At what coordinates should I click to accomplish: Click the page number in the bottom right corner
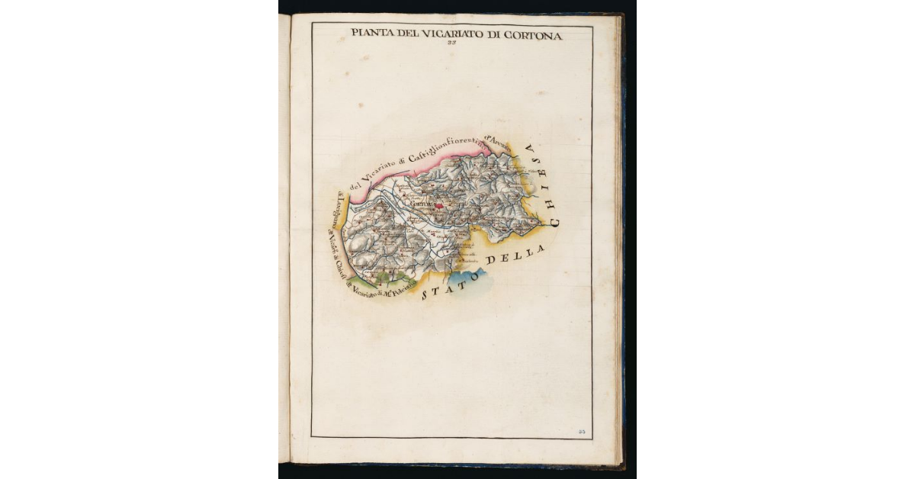click(x=582, y=432)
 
